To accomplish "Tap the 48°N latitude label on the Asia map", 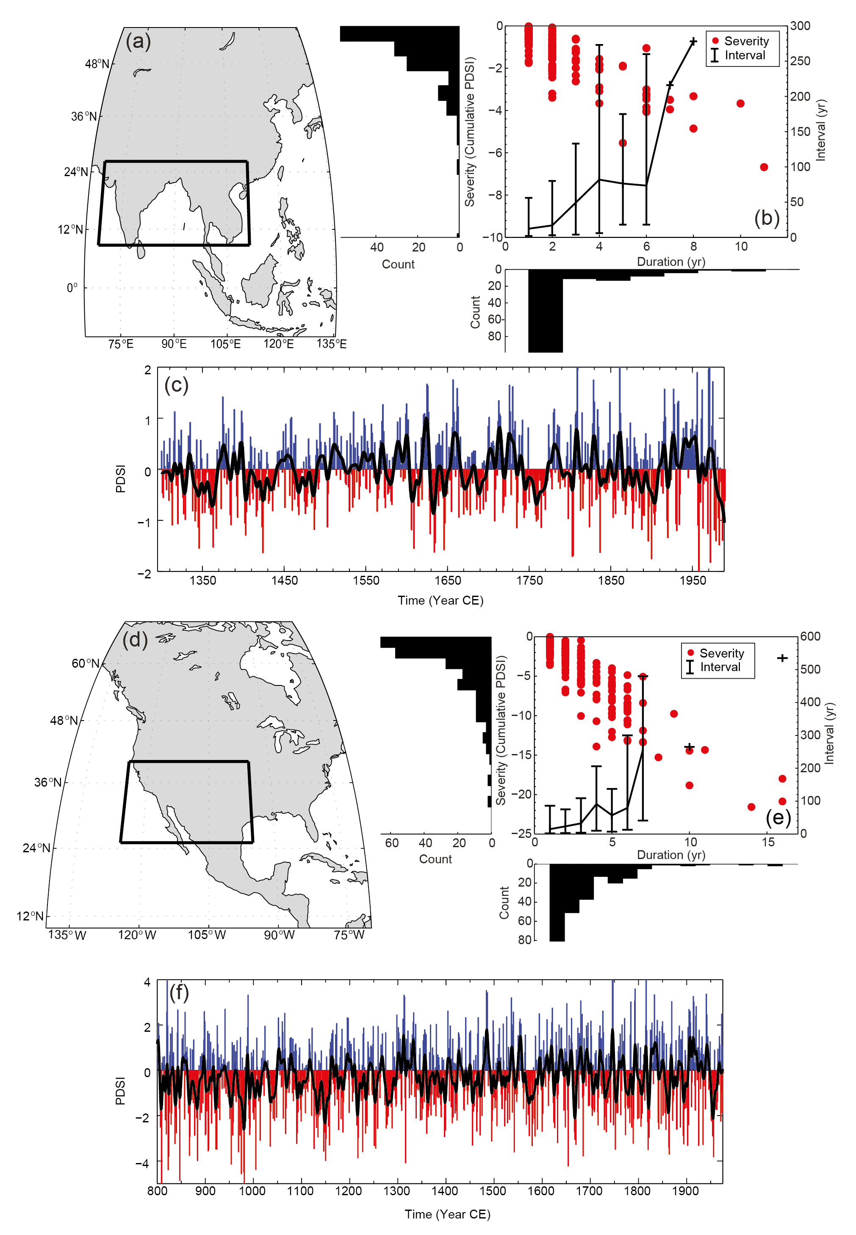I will tap(97, 64).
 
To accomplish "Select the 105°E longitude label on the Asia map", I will tap(225, 344).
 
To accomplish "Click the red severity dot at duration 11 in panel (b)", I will tap(764, 167).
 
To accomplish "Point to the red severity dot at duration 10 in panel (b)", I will tap(740, 103).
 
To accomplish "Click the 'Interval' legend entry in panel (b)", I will tap(745, 55).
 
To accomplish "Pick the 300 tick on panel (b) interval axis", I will tap(800, 26).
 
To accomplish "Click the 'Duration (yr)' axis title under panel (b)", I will tap(670, 262).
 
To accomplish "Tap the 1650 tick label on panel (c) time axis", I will tap(447, 580).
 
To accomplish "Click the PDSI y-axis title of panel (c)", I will tap(121, 479).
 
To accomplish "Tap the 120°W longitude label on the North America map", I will tap(137, 935).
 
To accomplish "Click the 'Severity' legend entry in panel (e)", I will tap(721, 653).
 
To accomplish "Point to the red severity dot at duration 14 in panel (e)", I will tap(751, 807).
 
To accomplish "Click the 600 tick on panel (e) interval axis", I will tap(810, 636).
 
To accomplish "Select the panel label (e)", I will tap(778, 818).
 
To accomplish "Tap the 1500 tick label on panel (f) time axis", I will tap(492, 1191).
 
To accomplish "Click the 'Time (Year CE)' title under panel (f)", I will tap(447, 1214).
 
